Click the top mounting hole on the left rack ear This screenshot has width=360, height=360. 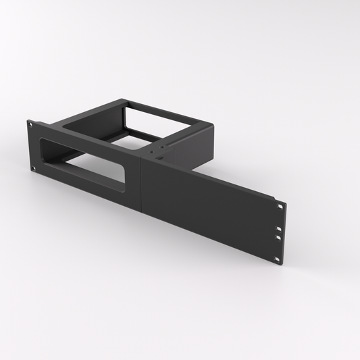(x=30, y=124)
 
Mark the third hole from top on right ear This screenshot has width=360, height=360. (x=278, y=238)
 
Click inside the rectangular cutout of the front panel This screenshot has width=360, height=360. (x=84, y=166)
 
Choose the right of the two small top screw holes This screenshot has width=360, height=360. (x=162, y=152)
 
